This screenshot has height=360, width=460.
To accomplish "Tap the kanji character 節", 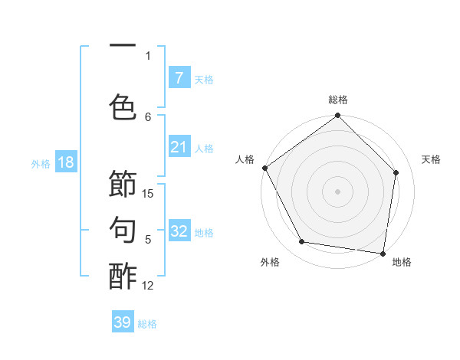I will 123,184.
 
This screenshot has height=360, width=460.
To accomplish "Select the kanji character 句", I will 123,229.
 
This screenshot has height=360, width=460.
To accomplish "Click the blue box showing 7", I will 179,77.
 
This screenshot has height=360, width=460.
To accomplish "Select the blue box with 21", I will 179,147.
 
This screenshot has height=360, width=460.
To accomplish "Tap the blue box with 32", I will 179,231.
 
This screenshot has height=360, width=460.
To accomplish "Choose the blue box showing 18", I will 65,162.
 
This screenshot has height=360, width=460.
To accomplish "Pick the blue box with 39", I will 122,322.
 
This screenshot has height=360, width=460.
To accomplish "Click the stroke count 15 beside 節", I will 148,194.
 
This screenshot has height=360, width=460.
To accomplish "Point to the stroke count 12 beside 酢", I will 148,285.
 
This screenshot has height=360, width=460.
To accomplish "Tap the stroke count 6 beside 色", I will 148,116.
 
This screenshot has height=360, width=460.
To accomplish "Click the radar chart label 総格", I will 338,100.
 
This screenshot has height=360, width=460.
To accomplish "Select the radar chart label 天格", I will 432,159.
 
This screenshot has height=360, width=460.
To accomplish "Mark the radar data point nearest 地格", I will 383,253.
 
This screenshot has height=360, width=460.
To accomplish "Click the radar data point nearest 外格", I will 302,242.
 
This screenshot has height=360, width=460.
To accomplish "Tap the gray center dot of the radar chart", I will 337,191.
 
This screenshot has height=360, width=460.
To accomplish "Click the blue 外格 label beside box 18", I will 40,163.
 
